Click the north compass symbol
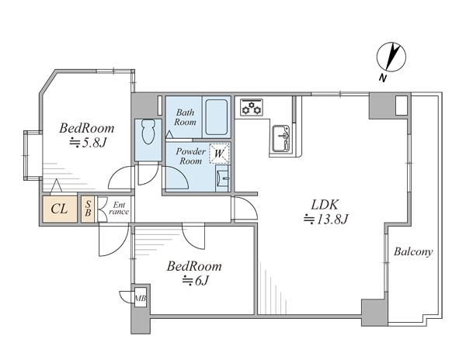pyautogui.click(x=391, y=57)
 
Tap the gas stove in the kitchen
pyautogui.click(x=252, y=107)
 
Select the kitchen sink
pyautogui.click(x=281, y=138)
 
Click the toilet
pyautogui.click(x=148, y=132)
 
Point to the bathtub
pyautogui.click(x=217, y=117)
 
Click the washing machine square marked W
pyautogui.click(x=219, y=154)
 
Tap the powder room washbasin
pyautogui.click(x=223, y=178)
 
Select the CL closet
pyautogui.click(x=60, y=209)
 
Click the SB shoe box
pyautogui.click(x=88, y=209)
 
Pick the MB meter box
pyautogui.click(x=141, y=297)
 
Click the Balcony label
pyautogui.click(x=413, y=252)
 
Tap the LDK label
pyautogui.click(x=325, y=205)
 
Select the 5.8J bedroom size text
pyautogui.click(x=87, y=144)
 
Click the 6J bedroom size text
pyautogui.click(x=196, y=280)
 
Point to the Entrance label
pyautogui.click(x=119, y=209)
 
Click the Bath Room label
pyautogui.click(x=185, y=117)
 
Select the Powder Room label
pyautogui.click(x=190, y=157)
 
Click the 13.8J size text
pyautogui.click(x=325, y=220)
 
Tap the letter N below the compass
pyautogui.click(x=383, y=78)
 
